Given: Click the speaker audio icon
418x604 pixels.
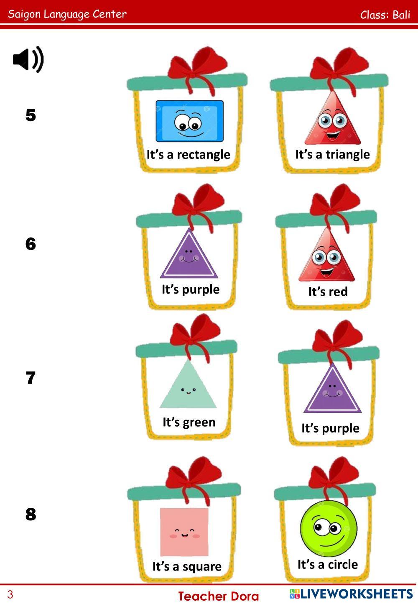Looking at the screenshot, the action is (x=28, y=60).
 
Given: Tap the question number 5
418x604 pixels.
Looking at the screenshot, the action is (x=31, y=115).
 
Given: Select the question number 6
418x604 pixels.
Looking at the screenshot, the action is (x=31, y=244).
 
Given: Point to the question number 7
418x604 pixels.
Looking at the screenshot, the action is (x=31, y=378).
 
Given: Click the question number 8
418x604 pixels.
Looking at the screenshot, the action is (x=31, y=514).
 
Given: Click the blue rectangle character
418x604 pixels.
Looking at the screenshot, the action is (x=189, y=121).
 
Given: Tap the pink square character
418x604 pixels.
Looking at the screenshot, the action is (x=184, y=531).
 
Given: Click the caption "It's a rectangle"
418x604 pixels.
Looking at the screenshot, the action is (x=188, y=154).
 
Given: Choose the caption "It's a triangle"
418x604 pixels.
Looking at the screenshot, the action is (x=332, y=154).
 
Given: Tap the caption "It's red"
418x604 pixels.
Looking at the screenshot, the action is (x=328, y=291).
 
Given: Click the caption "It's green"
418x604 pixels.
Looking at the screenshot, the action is (x=189, y=422).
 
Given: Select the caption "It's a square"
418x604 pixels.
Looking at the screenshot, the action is (x=187, y=566).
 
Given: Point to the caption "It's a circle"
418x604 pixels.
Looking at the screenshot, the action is (x=328, y=564).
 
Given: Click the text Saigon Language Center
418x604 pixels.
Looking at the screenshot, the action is (x=67, y=14).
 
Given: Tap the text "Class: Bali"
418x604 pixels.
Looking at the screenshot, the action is (x=385, y=15).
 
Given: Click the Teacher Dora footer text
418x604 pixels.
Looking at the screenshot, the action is (x=219, y=596).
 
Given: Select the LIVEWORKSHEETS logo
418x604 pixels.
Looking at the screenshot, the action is (x=351, y=594).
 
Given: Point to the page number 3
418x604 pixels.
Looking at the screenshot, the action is (x=10, y=594).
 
